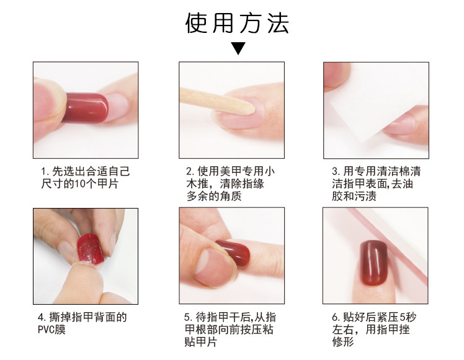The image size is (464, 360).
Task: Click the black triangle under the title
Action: pyautogui.click(x=238, y=47)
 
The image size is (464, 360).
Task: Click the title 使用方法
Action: pyautogui.click(x=237, y=23)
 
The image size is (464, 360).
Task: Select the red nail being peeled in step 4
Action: pyautogui.click(x=91, y=248)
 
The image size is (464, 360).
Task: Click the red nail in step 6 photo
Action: pyautogui.click(x=373, y=263)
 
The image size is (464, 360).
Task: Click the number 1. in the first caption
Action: pyautogui.click(x=45, y=172)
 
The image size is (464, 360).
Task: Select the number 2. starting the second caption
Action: pyautogui.click(x=190, y=171)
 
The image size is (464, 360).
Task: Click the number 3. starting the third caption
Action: pyautogui.click(x=336, y=171)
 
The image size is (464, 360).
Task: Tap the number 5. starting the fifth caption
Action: pyautogui.click(x=188, y=317)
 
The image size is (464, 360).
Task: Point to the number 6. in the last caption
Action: pyautogui.click(x=336, y=317)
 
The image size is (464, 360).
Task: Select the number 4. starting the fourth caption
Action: pyautogui.click(x=42, y=317)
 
